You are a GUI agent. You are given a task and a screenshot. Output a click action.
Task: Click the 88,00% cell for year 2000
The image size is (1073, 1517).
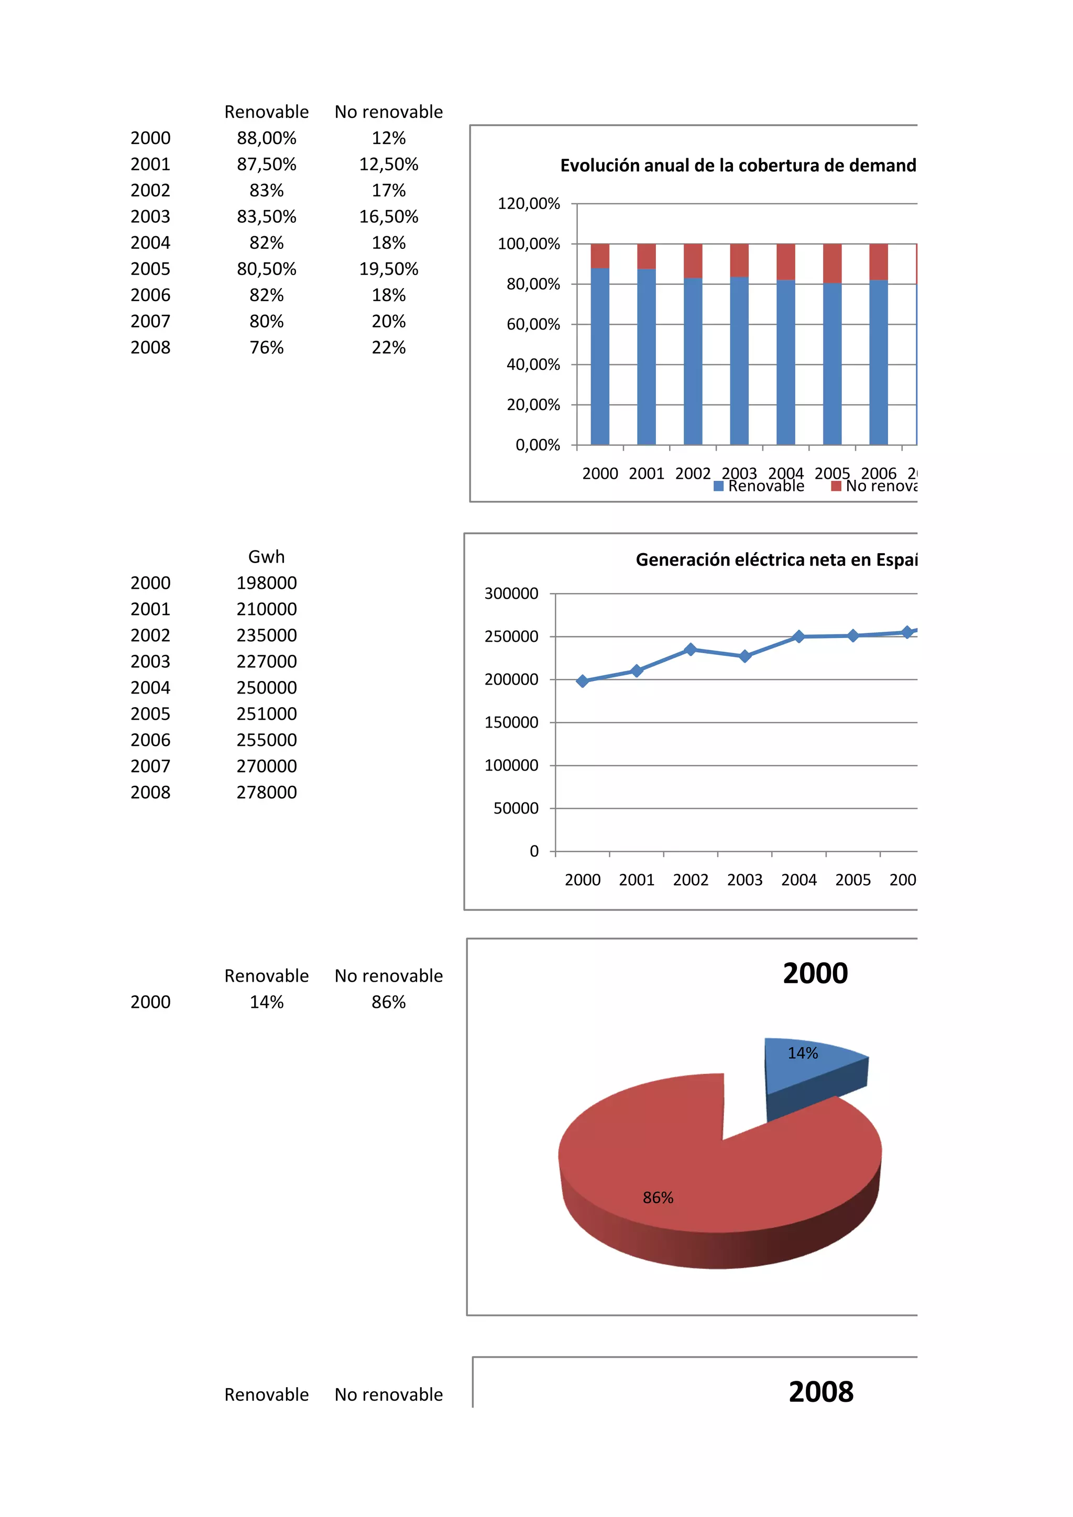[x=266, y=138]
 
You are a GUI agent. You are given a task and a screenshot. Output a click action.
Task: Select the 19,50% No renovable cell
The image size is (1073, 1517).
[x=389, y=269]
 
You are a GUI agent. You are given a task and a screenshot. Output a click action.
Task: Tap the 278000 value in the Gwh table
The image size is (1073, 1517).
[x=266, y=792]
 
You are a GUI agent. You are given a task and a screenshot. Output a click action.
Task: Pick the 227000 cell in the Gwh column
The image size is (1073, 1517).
[x=266, y=662]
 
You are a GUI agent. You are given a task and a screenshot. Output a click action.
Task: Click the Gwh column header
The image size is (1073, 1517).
[x=266, y=557]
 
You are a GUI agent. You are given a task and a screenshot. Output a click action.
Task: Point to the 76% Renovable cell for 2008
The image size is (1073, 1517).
[x=266, y=347]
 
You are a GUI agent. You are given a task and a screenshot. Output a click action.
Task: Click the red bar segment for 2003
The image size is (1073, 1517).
[x=739, y=260]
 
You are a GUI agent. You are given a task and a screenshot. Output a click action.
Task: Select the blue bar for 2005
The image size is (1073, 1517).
[x=832, y=364]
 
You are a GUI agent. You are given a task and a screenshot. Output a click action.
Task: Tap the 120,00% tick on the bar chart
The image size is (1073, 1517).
[x=529, y=203]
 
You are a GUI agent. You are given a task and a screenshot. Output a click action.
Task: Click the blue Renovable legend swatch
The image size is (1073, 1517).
[x=718, y=486]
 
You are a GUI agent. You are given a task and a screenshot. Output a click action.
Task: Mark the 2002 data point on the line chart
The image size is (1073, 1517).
[x=691, y=650]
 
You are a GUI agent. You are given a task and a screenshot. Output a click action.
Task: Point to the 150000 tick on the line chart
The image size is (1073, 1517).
[x=511, y=722]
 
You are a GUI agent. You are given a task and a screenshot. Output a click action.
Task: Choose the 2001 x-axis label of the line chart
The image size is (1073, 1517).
[x=636, y=880]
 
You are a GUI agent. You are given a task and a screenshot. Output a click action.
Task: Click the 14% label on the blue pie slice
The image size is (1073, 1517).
[x=802, y=1053]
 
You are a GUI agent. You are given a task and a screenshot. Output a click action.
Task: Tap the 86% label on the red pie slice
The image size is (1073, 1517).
[x=658, y=1198]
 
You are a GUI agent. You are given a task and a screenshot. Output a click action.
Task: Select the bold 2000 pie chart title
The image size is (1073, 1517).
[x=815, y=973]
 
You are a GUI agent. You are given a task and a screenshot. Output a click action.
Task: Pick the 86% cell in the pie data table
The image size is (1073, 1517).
[x=389, y=1002]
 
